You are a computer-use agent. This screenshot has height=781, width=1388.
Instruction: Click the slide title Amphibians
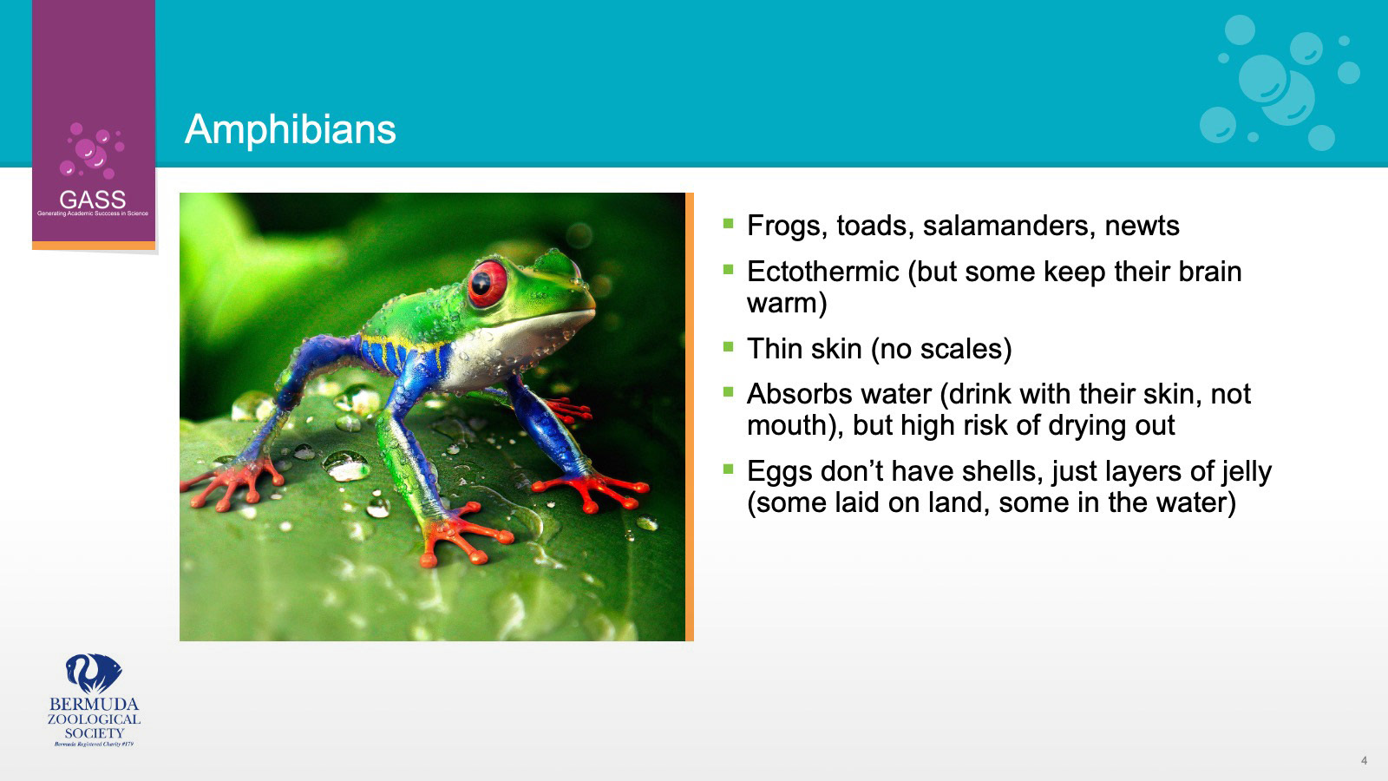pos(290,130)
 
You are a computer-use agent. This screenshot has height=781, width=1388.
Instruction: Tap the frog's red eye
pos(487,285)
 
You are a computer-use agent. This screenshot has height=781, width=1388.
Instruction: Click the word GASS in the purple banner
pos(92,200)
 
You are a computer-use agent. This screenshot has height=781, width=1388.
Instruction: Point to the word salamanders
pos(1005,226)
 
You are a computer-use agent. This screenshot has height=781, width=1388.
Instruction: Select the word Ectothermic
pos(823,272)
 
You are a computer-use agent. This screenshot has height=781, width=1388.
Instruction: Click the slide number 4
pos(1364,760)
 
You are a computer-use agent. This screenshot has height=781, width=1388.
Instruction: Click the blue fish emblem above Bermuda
pos(94,673)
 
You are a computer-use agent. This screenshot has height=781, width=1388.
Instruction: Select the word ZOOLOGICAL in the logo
pos(95,719)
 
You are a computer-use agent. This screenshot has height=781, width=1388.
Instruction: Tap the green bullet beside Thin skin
pos(728,346)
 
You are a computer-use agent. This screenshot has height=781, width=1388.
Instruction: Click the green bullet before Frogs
pos(728,223)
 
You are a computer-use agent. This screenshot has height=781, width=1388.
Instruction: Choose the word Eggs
pos(780,472)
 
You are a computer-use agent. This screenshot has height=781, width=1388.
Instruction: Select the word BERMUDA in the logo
pos(95,705)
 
